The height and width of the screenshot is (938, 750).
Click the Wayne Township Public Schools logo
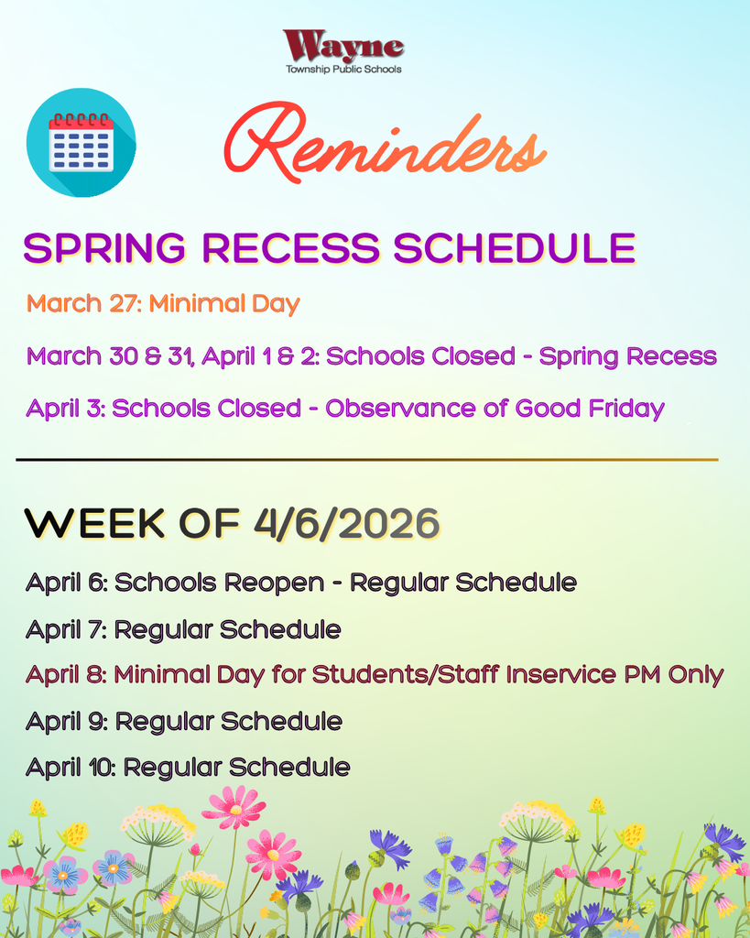pyautogui.click(x=343, y=51)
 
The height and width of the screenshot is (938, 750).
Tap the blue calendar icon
pyautogui.click(x=81, y=142)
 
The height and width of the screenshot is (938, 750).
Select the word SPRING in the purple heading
pyautogui.click(x=106, y=249)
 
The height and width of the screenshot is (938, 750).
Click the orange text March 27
pyautogui.click(x=82, y=303)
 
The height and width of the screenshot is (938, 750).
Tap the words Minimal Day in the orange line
pyautogui.click(x=224, y=303)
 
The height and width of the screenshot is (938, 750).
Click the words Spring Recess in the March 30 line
pyautogui.click(x=627, y=356)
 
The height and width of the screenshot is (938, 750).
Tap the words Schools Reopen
pyautogui.click(x=219, y=583)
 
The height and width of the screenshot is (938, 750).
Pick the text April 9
pyautogui.click(x=66, y=722)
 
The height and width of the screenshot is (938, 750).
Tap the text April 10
pyautogui.click(x=70, y=768)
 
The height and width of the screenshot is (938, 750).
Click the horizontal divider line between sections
pyautogui.click(x=366, y=459)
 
